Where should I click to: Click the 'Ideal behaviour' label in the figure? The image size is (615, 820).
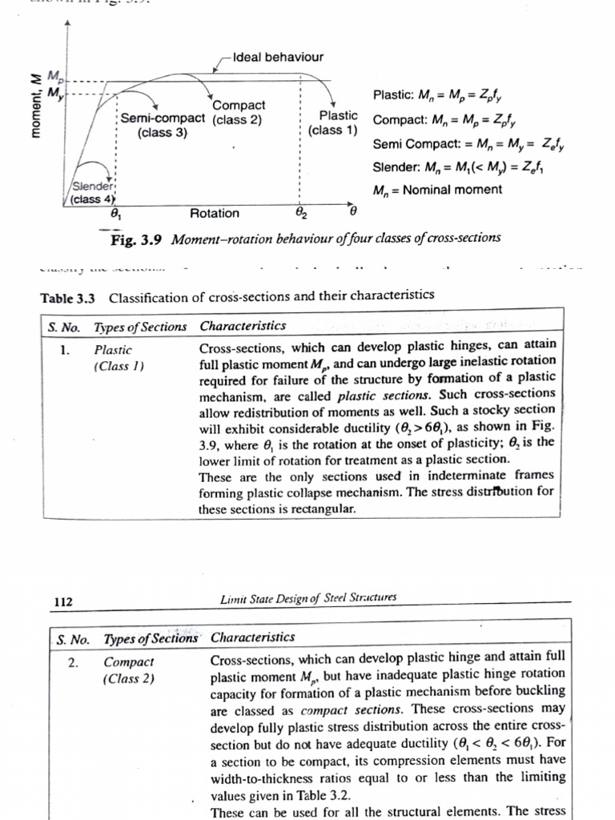(x=278, y=57)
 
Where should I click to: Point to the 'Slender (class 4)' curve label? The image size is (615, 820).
(x=92, y=193)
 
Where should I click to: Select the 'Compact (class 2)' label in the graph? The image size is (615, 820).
(x=238, y=113)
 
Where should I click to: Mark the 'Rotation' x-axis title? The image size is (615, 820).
(x=214, y=213)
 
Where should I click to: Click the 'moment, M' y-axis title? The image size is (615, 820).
(x=36, y=105)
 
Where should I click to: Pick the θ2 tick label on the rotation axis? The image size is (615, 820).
(x=299, y=214)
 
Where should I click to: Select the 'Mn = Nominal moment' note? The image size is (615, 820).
(x=437, y=190)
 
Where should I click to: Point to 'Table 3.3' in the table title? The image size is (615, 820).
(x=68, y=298)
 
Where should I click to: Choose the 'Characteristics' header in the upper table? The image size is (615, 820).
(x=243, y=326)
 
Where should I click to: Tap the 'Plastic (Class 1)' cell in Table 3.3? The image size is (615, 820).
(x=117, y=358)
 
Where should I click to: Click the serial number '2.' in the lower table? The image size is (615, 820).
(x=74, y=662)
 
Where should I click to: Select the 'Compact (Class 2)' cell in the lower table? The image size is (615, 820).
(x=130, y=670)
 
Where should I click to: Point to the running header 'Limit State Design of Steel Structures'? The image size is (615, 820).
(x=307, y=597)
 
